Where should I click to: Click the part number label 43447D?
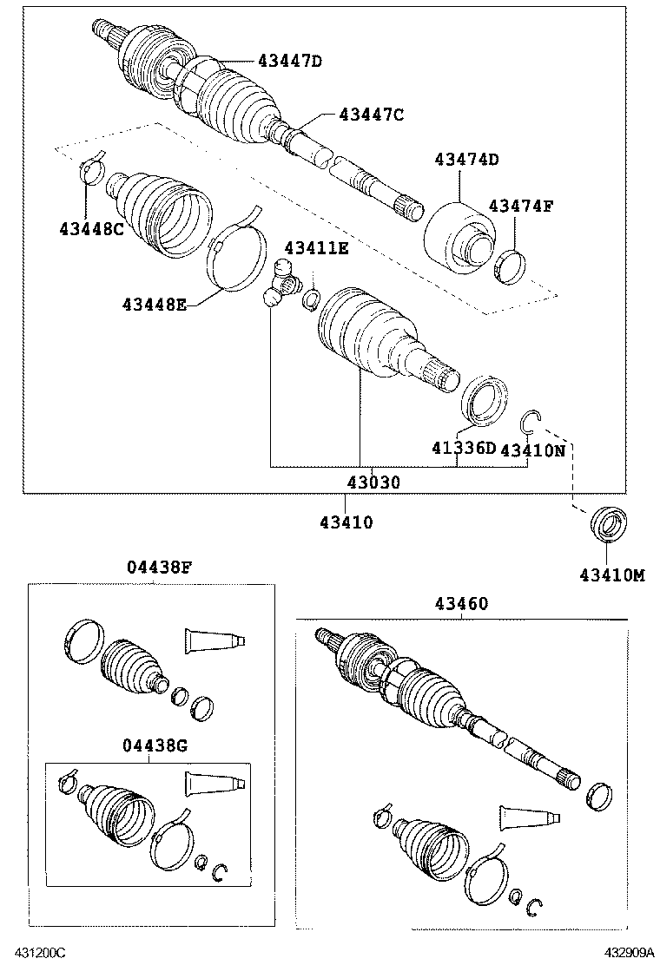pos(289,61)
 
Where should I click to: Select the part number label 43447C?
pos(371,114)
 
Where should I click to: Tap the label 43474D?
pos(467,159)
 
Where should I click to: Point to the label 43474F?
pos(520,206)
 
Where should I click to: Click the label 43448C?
pos(92,228)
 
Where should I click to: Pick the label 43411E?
pos(315,249)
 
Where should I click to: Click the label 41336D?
pos(464,448)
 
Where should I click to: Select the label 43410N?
pos(532,450)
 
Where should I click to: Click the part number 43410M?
pos(612,574)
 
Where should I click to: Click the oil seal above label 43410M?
pos(608,526)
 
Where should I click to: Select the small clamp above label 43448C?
pos(89,170)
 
